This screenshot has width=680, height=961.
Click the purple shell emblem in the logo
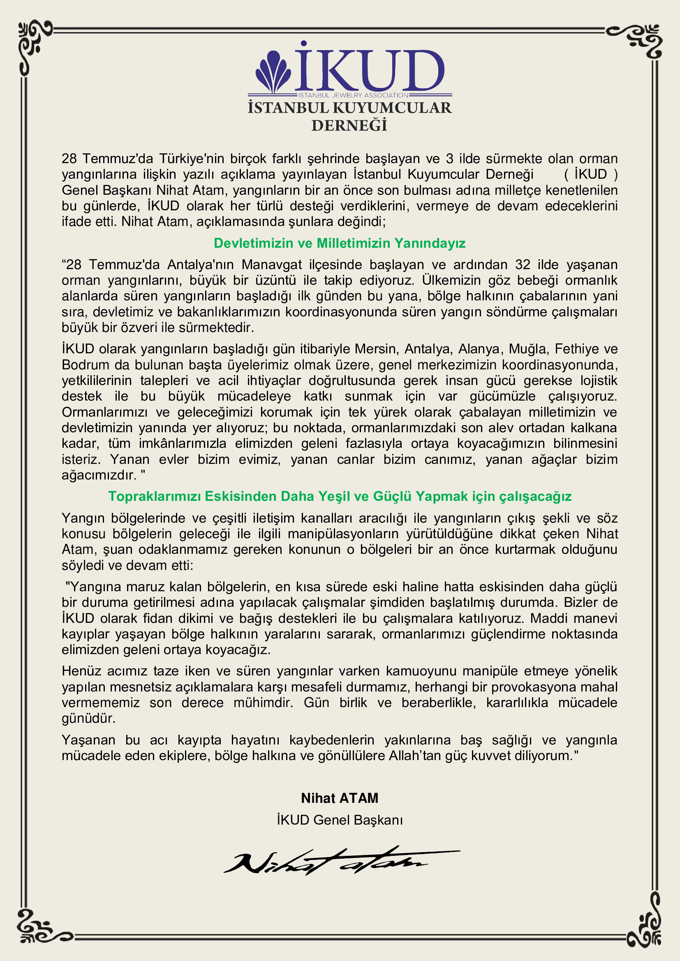pos(273,71)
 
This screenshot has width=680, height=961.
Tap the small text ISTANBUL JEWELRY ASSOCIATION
pos(353,95)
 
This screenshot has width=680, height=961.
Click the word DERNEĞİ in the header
pos(349,126)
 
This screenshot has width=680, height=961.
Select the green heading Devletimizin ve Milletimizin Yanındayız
pos(340,243)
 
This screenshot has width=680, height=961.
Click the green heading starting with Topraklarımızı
pos(340,496)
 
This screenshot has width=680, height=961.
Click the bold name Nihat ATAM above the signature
pos(340,798)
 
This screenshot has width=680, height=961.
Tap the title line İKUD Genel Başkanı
pos(340,820)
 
